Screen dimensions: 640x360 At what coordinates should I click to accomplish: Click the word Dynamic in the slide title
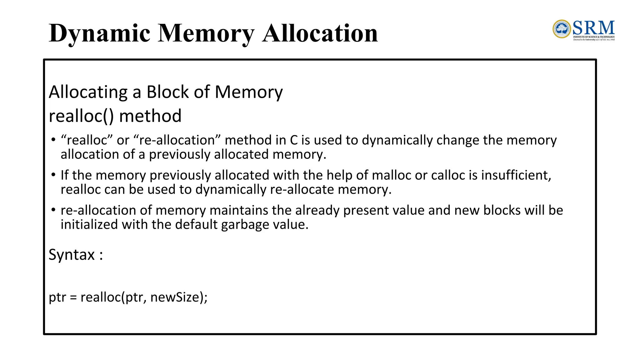click(x=99, y=33)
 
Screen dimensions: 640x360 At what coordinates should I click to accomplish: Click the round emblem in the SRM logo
click(x=562, y=29)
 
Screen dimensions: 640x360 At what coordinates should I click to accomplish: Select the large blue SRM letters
click(x=593, y=28)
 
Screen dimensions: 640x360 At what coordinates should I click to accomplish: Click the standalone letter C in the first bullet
click(x=294, y=140)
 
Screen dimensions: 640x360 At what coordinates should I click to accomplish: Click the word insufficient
click(x=516, y=175)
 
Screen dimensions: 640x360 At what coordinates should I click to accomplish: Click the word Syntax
click(x=72, y=255)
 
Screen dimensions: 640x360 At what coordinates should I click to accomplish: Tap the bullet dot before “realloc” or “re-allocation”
click(x=53, y=139)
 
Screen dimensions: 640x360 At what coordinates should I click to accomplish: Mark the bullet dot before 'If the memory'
click(x=53, y=174)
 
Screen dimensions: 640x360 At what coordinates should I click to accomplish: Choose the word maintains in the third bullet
click(x=239, y=210)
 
